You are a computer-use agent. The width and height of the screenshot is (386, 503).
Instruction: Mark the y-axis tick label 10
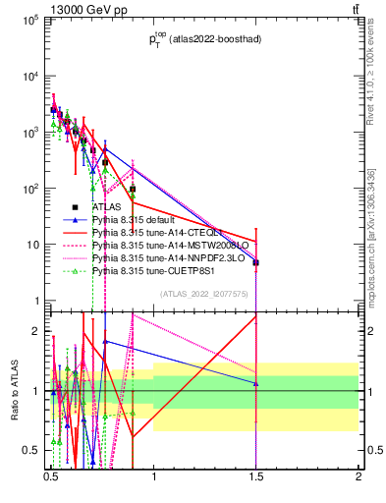coord(33,245)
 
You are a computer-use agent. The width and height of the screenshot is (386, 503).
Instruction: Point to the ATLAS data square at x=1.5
coord(255,263)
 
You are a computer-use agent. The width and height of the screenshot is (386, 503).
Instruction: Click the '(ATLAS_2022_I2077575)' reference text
coord(204,293)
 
